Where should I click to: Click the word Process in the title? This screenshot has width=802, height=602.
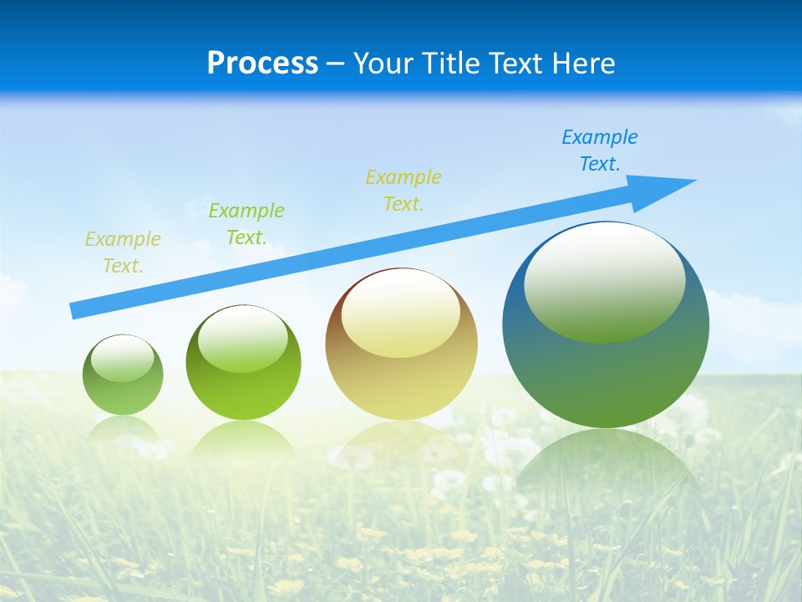click(x=262, y=63)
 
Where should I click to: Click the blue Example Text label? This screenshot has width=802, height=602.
click(x=599, y=150)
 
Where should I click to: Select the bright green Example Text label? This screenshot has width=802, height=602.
click(x=246, y=224)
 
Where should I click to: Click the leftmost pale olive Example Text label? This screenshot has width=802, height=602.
click(x=122, y=253)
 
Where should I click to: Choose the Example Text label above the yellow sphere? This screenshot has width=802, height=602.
click(x=403, y=191)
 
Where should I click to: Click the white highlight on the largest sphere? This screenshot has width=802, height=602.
click(x=604, y=280)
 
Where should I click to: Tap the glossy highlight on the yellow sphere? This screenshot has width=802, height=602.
click(x=400, y=313)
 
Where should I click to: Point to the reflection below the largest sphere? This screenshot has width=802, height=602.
click(x=606, y=468)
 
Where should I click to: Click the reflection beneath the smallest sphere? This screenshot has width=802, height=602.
click(x=123, y=428)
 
